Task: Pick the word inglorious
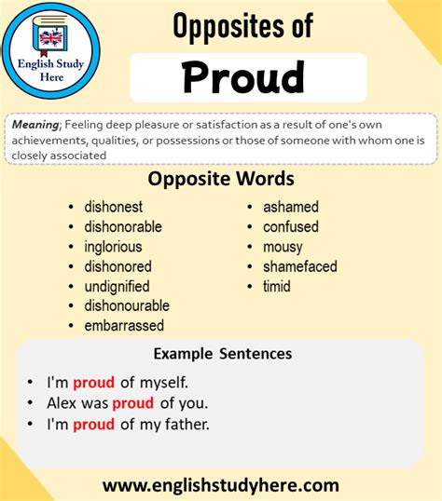point(113,247)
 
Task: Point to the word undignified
point(117,286)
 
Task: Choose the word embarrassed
point(124,326)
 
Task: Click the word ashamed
point(290,207)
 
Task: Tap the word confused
point(290,226)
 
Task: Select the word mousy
point(283,247)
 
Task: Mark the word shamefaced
point(299,266)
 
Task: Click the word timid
point(277,286)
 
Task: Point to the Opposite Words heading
point(221,178)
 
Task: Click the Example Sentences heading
point(222,354)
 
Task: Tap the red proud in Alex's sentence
point(133,403)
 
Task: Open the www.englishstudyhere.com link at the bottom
point(221,485)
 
